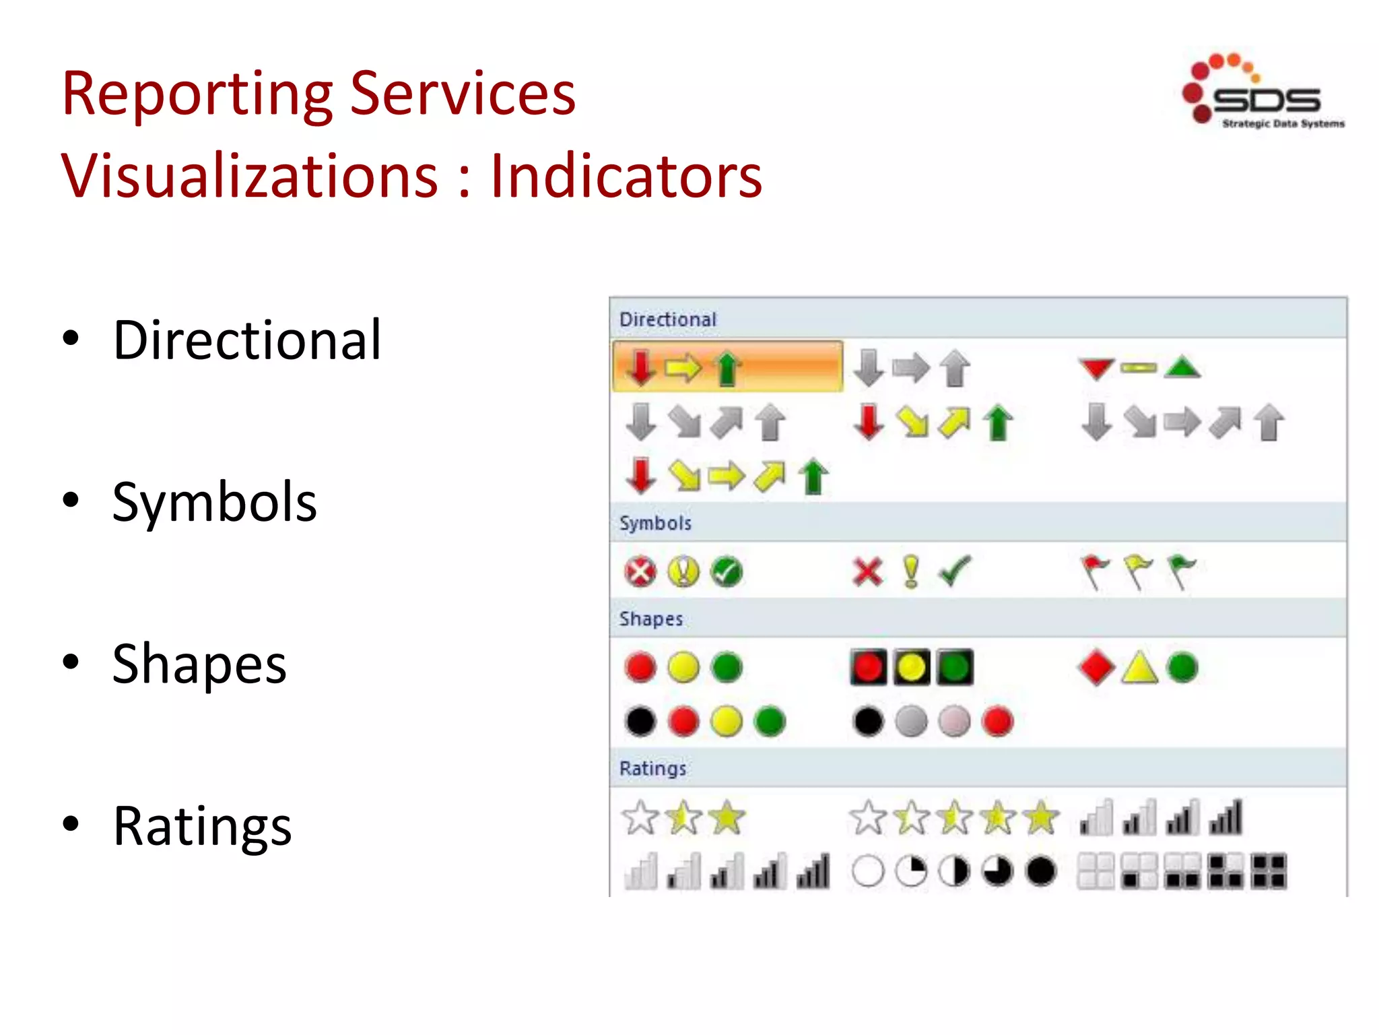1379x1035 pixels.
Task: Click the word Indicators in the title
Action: [x=626, y=177]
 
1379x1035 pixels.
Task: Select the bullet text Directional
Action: [x=247, y=340]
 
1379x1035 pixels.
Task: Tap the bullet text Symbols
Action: [x=214, y=503]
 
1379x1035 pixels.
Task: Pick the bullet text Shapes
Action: [x=199, y=664]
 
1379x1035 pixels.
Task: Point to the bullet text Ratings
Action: [x=202, y=827]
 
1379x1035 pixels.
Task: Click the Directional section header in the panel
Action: [x=667, y=319]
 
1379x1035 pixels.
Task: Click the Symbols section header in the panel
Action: [x=655, y=524]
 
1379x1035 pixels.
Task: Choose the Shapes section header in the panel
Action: [x=650, y=619]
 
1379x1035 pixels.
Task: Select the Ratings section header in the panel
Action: [x=652, y=769]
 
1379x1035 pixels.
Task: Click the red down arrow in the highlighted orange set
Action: [x=640, y=368]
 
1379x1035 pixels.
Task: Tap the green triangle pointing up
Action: [x=1183, y=368]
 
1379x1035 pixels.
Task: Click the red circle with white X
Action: [x=640, y=573]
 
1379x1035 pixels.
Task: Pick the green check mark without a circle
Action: [x=955, y=571]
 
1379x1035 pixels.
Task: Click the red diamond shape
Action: [x=1096, y=668]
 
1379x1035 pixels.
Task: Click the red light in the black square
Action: [x=868, y=668]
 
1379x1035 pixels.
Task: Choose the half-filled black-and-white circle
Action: [x=954, y=871]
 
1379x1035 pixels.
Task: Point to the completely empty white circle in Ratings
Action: [x=867, y=871]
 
